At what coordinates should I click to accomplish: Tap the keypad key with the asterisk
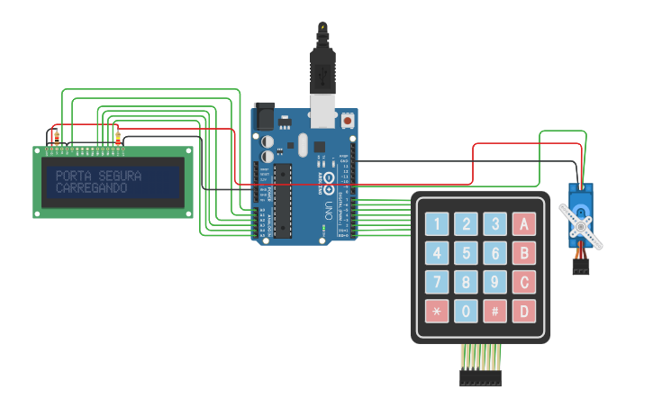437,312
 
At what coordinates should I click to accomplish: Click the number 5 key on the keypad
466,253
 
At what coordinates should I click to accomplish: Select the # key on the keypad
494,312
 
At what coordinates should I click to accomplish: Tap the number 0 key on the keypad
466,312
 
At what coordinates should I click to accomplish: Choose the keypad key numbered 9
494,283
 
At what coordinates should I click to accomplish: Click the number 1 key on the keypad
437,224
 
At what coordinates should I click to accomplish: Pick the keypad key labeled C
524,283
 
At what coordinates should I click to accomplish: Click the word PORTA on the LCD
74,176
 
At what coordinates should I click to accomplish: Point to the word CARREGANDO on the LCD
91,189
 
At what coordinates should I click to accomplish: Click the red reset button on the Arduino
348,119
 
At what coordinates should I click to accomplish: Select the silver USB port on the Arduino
322,115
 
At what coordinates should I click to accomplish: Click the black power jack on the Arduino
264,116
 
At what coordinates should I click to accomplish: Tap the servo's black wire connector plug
581,267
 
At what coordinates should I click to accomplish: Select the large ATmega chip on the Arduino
283,201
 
